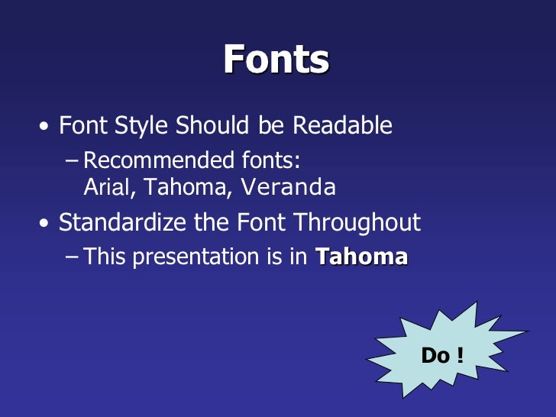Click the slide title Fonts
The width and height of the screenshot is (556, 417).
click(276, 59)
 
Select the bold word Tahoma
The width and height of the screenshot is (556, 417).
click(361, 257)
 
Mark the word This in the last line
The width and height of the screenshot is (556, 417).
click(104, 257)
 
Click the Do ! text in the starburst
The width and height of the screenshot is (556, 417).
click(442, 355)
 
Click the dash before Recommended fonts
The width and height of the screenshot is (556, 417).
click(72, 161)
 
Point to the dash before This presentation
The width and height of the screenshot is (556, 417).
click(72, 257)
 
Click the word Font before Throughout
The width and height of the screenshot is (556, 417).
click(263, 223)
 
